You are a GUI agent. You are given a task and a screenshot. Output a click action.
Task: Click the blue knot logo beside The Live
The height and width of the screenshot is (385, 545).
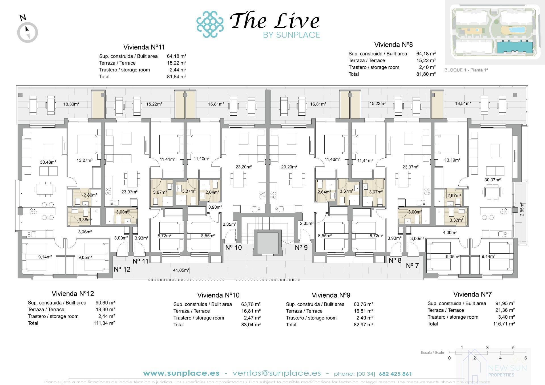pyautogui.click(x=210, y=24)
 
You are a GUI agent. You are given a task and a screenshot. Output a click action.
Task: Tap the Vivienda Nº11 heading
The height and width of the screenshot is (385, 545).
pyautogui.click(x=144, y=47)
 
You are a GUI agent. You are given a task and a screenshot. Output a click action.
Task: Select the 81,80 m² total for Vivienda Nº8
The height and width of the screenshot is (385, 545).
pyautogui.click(x=426, y=74)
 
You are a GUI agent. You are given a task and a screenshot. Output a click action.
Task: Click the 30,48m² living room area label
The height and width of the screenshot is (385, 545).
pyautogui.click(x=48, y=162)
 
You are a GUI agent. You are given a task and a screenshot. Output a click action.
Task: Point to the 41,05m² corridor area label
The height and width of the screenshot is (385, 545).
pyautogui.click(x=181, y=270)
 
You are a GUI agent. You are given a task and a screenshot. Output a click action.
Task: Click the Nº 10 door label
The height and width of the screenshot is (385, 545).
pyautogui.click(x=233, y=247)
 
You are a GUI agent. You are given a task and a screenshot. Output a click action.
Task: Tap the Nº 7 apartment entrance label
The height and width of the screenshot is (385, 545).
pyautogui.click(x=412, y=266)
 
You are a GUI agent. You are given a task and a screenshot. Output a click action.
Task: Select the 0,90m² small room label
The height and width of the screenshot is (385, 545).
pyautogui.click(x=215, y=207)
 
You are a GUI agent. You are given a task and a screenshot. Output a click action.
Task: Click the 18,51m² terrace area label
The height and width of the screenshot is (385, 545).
pyautogui.click(x=463, y=103)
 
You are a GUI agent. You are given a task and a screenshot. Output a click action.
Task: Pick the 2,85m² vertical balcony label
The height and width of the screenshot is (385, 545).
pyautogui.click(x=521, y=210)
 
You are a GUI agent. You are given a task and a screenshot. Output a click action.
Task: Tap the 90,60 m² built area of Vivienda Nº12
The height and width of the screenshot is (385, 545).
pyautogui.click(x=105, y=303)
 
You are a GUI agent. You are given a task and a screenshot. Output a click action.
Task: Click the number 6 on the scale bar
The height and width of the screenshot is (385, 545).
pyautogui.click(x=525, y=358)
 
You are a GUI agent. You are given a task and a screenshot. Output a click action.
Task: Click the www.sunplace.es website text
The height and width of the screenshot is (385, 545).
pyautogui.click(x=181, y=373)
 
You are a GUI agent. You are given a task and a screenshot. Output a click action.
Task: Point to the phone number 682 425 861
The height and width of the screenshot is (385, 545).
pyautogui.click(x=395, y=374)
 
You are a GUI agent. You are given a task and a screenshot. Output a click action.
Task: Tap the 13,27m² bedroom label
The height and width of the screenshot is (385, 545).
pyautogui.click(x=85, y=160)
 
